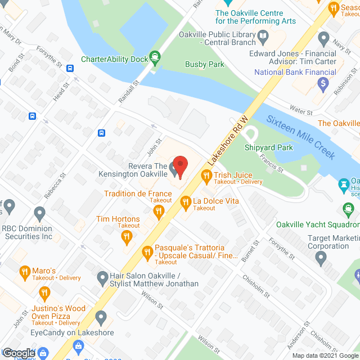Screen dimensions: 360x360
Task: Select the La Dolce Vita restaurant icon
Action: [185, 201]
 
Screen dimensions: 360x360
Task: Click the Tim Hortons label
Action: [118, 219]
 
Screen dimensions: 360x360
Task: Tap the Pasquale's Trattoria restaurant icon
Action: [147, 251]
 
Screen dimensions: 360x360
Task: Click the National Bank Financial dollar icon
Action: [323, 84]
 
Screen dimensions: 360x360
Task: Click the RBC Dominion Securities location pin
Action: [39, 214]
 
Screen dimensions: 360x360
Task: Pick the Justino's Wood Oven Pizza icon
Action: [44, 293]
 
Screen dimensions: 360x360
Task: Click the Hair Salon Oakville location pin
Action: [102, 277]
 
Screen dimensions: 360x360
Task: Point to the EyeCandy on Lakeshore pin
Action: [101, 318]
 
